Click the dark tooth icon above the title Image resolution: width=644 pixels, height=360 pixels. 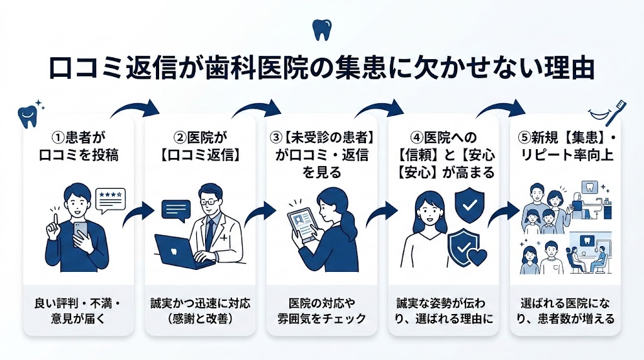coord(321,30)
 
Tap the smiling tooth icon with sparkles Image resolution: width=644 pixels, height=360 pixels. coord(28,113)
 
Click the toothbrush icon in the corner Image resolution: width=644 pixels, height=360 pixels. coord(608,111)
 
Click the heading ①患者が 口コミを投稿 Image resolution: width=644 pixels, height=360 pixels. coord(78,145)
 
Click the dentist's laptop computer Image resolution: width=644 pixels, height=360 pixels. coord(177,252)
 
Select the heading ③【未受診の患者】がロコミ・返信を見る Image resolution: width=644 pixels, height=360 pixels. coord(321,154)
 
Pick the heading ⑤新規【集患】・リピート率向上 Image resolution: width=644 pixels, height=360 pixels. coord(565,145)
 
